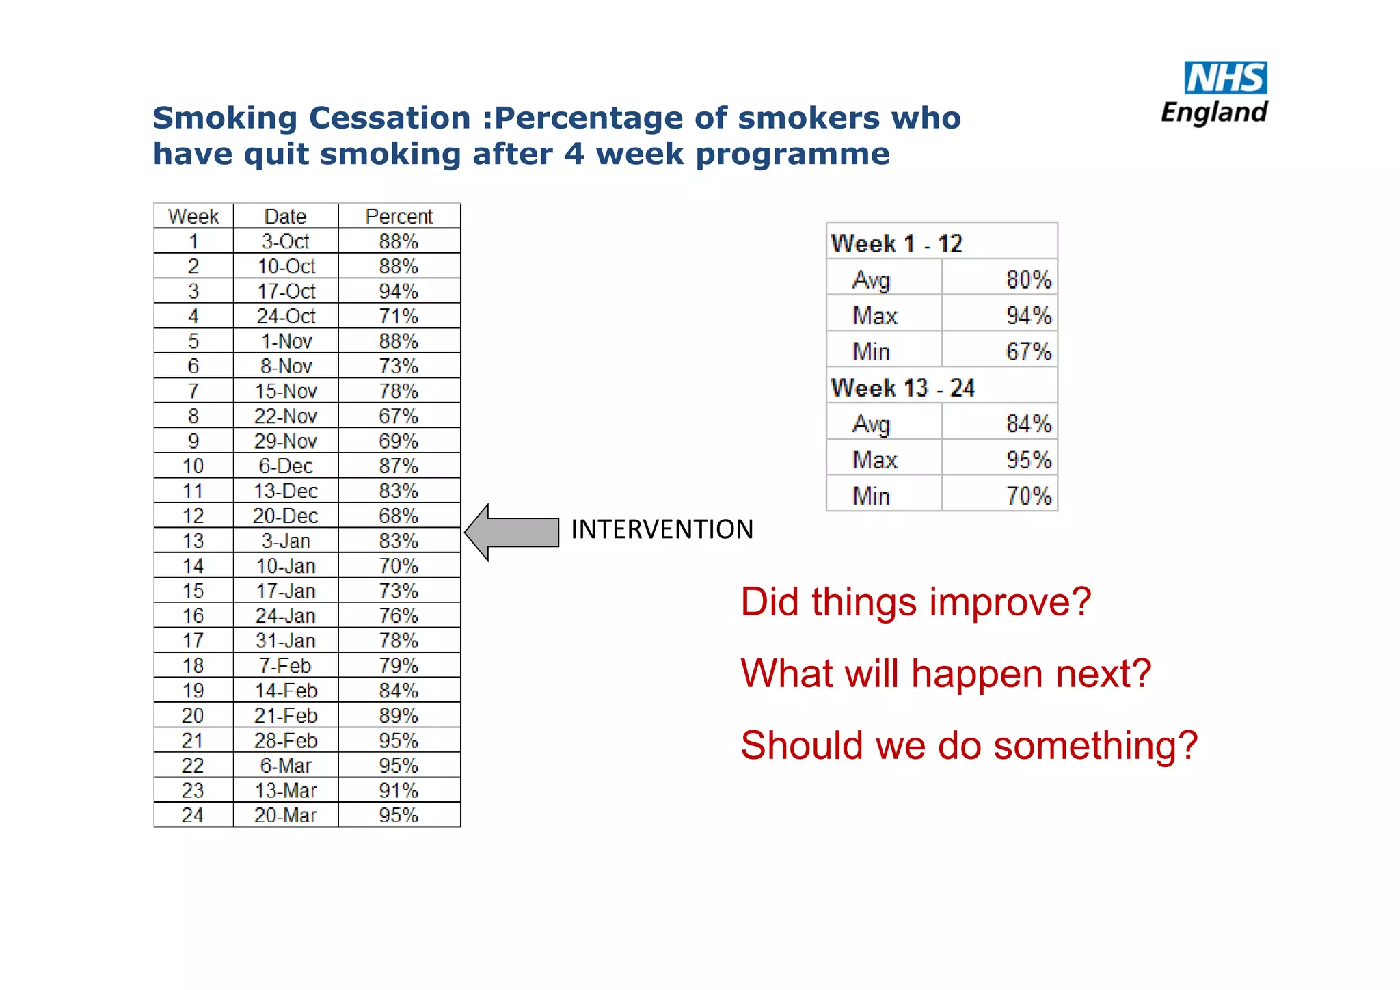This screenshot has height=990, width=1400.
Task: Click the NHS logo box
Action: click(x=1225, y=78)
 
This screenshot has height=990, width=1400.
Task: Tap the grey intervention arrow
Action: click(x=512, y=532)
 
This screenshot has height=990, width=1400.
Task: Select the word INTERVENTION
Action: click(x=662, y=530)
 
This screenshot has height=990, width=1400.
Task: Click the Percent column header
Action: click(x=399, y=217)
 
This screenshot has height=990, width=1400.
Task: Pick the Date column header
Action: click(x=285, y=217)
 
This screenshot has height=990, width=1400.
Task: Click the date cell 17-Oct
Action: click(x=286, y=291)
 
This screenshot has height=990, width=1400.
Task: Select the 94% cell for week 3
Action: click(x=399, y=291)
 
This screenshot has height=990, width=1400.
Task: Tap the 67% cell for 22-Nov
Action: click(x=399, y=416)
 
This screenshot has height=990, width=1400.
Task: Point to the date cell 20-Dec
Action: click(x=286, y=516)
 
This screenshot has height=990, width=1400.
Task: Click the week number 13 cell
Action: click(x=193, y=541)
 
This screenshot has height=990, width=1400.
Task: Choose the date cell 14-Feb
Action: click(x=286, y=691)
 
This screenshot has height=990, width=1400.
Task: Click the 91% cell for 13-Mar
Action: click(x=399, y=790)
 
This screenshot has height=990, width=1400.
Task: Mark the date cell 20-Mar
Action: click(x=286, y=815)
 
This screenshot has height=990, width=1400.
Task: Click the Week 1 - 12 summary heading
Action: click(x=897, y=243)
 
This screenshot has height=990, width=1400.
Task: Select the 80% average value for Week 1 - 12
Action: click(x=1028, y=280)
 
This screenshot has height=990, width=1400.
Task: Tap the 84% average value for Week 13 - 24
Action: click(x=1028, y=424)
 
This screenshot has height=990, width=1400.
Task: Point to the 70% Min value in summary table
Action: click(x=1028, y=496)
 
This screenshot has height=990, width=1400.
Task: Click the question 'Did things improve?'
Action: click(x=916, y=602)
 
